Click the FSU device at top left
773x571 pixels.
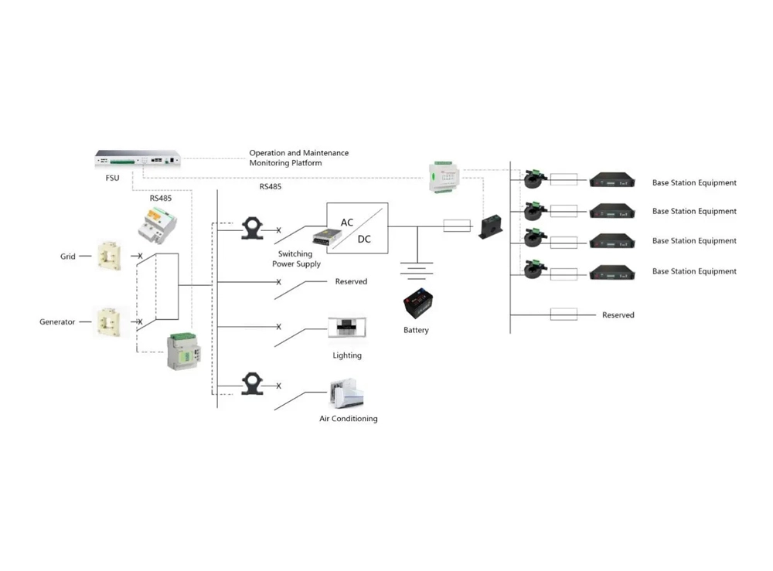coord(137,158)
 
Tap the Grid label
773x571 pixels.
coord(68,257)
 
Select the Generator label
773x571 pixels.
coord(57,321)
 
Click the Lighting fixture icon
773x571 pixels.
coord(346,327)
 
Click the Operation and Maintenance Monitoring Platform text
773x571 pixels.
coord(298,158)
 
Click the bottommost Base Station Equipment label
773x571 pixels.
coord(694,271)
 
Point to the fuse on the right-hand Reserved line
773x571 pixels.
coord(564,314)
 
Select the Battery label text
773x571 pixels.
coord(416,331)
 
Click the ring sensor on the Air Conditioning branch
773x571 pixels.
coord(251,384)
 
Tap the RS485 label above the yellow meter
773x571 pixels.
coord(160,198)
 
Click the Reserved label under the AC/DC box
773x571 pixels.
coord(351,282)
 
